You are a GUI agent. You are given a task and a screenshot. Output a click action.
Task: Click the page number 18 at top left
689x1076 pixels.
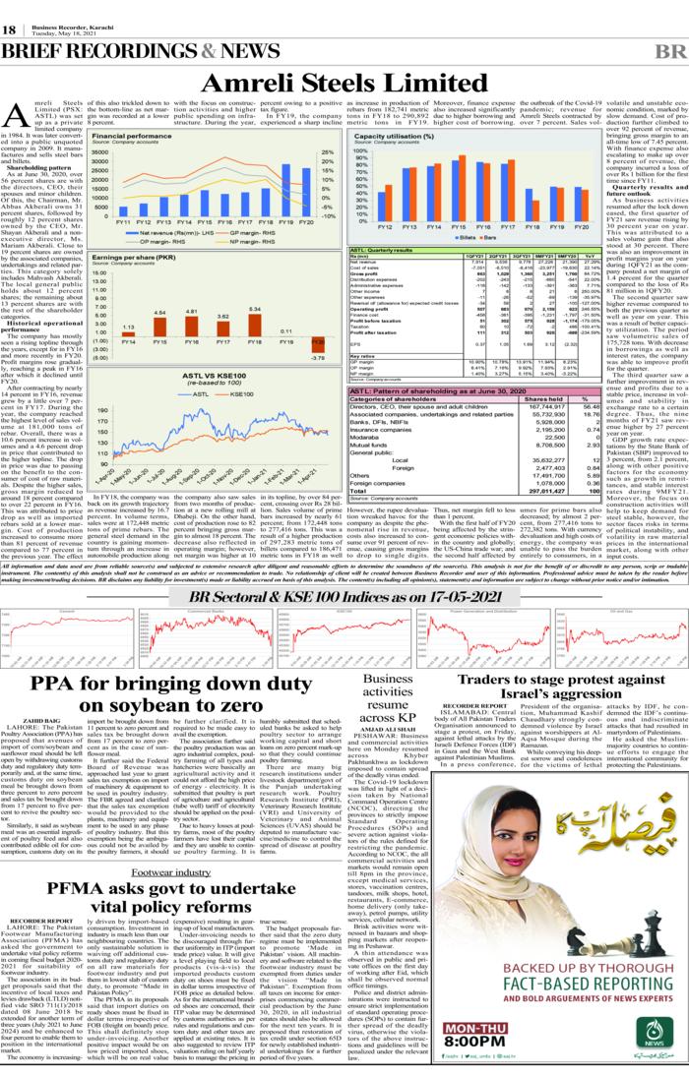click(x=9, y=31)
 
